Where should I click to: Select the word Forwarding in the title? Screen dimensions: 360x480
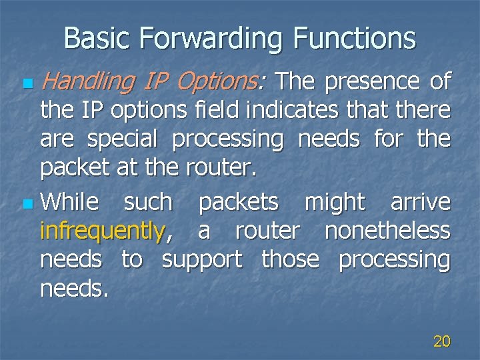click(209, 38)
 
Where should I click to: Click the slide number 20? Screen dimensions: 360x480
click(441, 342)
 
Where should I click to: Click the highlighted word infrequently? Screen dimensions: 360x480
click(101, 231)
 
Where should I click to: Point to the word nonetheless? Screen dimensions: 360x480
click(387, 231)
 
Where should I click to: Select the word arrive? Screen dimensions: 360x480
click(420, 202)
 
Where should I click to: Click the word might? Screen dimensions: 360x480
click(334, 201)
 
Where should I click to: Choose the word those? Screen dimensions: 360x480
click(290, 260)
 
